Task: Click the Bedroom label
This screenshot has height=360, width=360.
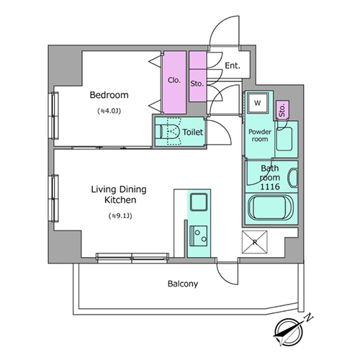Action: tap(109, 95)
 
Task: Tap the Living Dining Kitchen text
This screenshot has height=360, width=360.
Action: tap(119, 194)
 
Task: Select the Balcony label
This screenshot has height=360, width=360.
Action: tap(183, 284)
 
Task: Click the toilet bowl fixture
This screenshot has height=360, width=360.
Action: tap(170, 132)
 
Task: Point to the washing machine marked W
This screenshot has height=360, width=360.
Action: tap(258, 103)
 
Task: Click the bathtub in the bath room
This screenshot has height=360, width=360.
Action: tap(271, 207)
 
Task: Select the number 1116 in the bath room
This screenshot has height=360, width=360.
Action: tap(270, 186)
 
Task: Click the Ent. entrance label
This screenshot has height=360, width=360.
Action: tap(233, 66)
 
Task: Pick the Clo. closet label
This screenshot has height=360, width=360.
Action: tap(174, 80)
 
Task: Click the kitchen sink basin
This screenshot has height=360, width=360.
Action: tap(199, 202)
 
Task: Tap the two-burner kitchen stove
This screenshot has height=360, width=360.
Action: tap(199, 235)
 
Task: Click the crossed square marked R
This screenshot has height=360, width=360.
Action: tap(254, 242)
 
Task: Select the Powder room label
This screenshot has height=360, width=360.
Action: tap(260, 135)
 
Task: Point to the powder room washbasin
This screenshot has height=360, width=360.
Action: tap(284, 139)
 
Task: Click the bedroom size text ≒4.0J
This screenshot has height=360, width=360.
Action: tap(109, 111)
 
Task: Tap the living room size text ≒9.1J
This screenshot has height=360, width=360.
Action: tap(120, 216)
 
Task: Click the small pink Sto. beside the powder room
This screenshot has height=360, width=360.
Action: tap(282, 110)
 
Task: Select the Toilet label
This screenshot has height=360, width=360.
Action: tap(193, 132)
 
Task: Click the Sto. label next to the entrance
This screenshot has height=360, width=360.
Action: tap(197, 84)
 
